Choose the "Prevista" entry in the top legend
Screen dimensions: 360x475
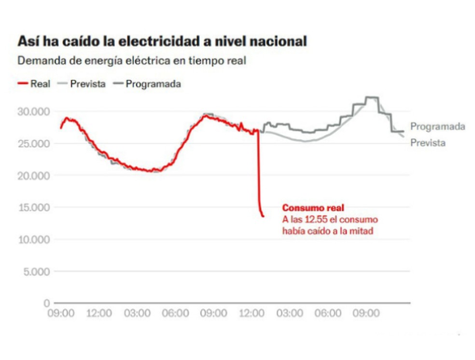(x=87, y=83)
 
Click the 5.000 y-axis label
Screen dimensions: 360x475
(x=36, y=271)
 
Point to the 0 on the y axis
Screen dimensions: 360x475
(x=47, y=303)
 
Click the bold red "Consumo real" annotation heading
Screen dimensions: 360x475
(x=313, y=208)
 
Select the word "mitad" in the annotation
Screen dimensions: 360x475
(x=363, y=231)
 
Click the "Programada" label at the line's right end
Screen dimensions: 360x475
(x=437, y=126)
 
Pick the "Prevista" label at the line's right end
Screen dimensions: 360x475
(x=428, y=143)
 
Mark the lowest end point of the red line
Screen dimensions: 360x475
(x=263, y=216)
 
